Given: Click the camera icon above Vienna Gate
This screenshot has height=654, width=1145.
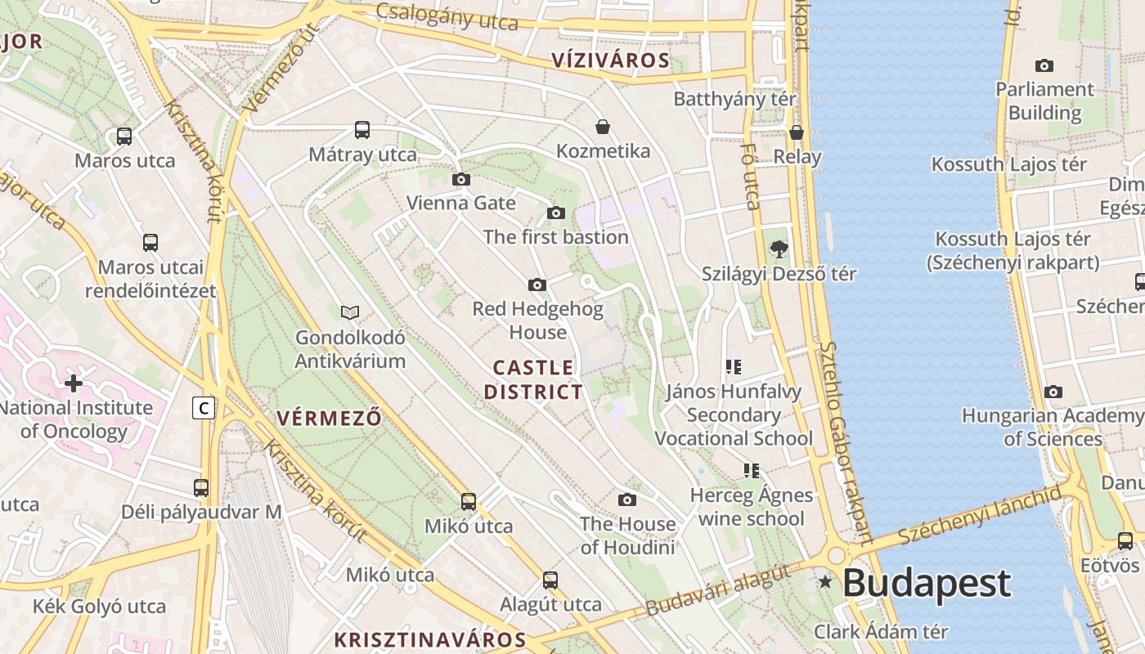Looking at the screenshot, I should click(x=461, y=180).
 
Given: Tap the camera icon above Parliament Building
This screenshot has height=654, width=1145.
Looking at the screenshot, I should click(x=1044, y=66).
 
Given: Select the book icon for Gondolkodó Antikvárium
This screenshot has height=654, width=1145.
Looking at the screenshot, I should click(x=350, y=312).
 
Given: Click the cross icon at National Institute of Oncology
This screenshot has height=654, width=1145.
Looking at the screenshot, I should click(x=74, y=383).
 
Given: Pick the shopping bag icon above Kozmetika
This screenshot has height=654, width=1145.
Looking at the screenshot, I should click(x=603, y=127).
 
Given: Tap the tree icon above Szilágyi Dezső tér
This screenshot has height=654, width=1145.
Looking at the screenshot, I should click(x=779, y=249).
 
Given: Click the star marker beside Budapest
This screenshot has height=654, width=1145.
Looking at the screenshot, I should click(x=825, y=582).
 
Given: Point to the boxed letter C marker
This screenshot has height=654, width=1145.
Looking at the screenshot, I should click(x=204, y=407).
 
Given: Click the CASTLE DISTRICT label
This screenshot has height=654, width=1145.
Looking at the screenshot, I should click(x=533, y=379).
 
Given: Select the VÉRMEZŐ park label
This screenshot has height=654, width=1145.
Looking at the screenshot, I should click(x=329, y=419).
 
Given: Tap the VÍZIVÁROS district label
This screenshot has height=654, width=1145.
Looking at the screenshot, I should click(x=610, y=60).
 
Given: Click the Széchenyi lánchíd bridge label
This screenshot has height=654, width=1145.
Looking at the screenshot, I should click(x=980, y=513).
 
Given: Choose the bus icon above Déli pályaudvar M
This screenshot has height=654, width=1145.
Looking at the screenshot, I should click(x=201, y=488).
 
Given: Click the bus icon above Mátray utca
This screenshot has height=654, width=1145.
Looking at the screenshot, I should click(x=362, y=130).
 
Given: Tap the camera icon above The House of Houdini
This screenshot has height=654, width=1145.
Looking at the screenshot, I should click(x=627, y=499).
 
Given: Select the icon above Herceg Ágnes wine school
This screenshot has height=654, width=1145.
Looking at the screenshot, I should click(x=752, y=470).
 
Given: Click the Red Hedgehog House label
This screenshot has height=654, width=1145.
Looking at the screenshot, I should click(x=537, y=320).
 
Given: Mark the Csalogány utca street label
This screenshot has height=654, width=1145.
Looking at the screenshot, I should click(x=447, y=16).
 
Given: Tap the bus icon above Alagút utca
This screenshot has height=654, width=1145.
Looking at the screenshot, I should click(x=550, y=580).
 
